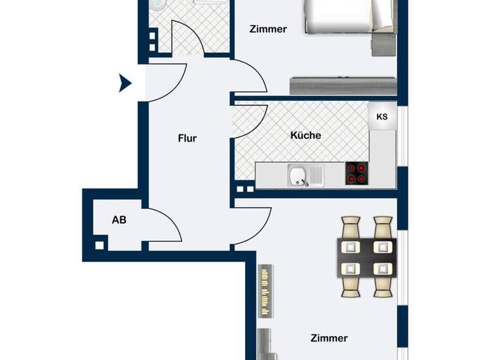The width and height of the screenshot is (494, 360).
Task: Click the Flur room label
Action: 187,138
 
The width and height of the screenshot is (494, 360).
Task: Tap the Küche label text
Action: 305,136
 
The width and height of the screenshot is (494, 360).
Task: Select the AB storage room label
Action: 119,220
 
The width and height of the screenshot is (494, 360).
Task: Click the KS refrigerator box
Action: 382,117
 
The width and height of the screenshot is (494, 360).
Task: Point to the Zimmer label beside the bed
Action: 268,29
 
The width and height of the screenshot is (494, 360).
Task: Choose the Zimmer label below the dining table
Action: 329,338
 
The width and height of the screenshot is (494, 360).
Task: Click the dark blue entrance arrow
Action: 125,83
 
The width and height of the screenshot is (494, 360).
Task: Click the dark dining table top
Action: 367,256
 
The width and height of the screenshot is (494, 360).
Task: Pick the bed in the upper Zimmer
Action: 347,16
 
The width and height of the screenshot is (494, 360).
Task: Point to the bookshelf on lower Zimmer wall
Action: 265,291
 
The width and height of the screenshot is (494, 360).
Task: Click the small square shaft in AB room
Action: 99,245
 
